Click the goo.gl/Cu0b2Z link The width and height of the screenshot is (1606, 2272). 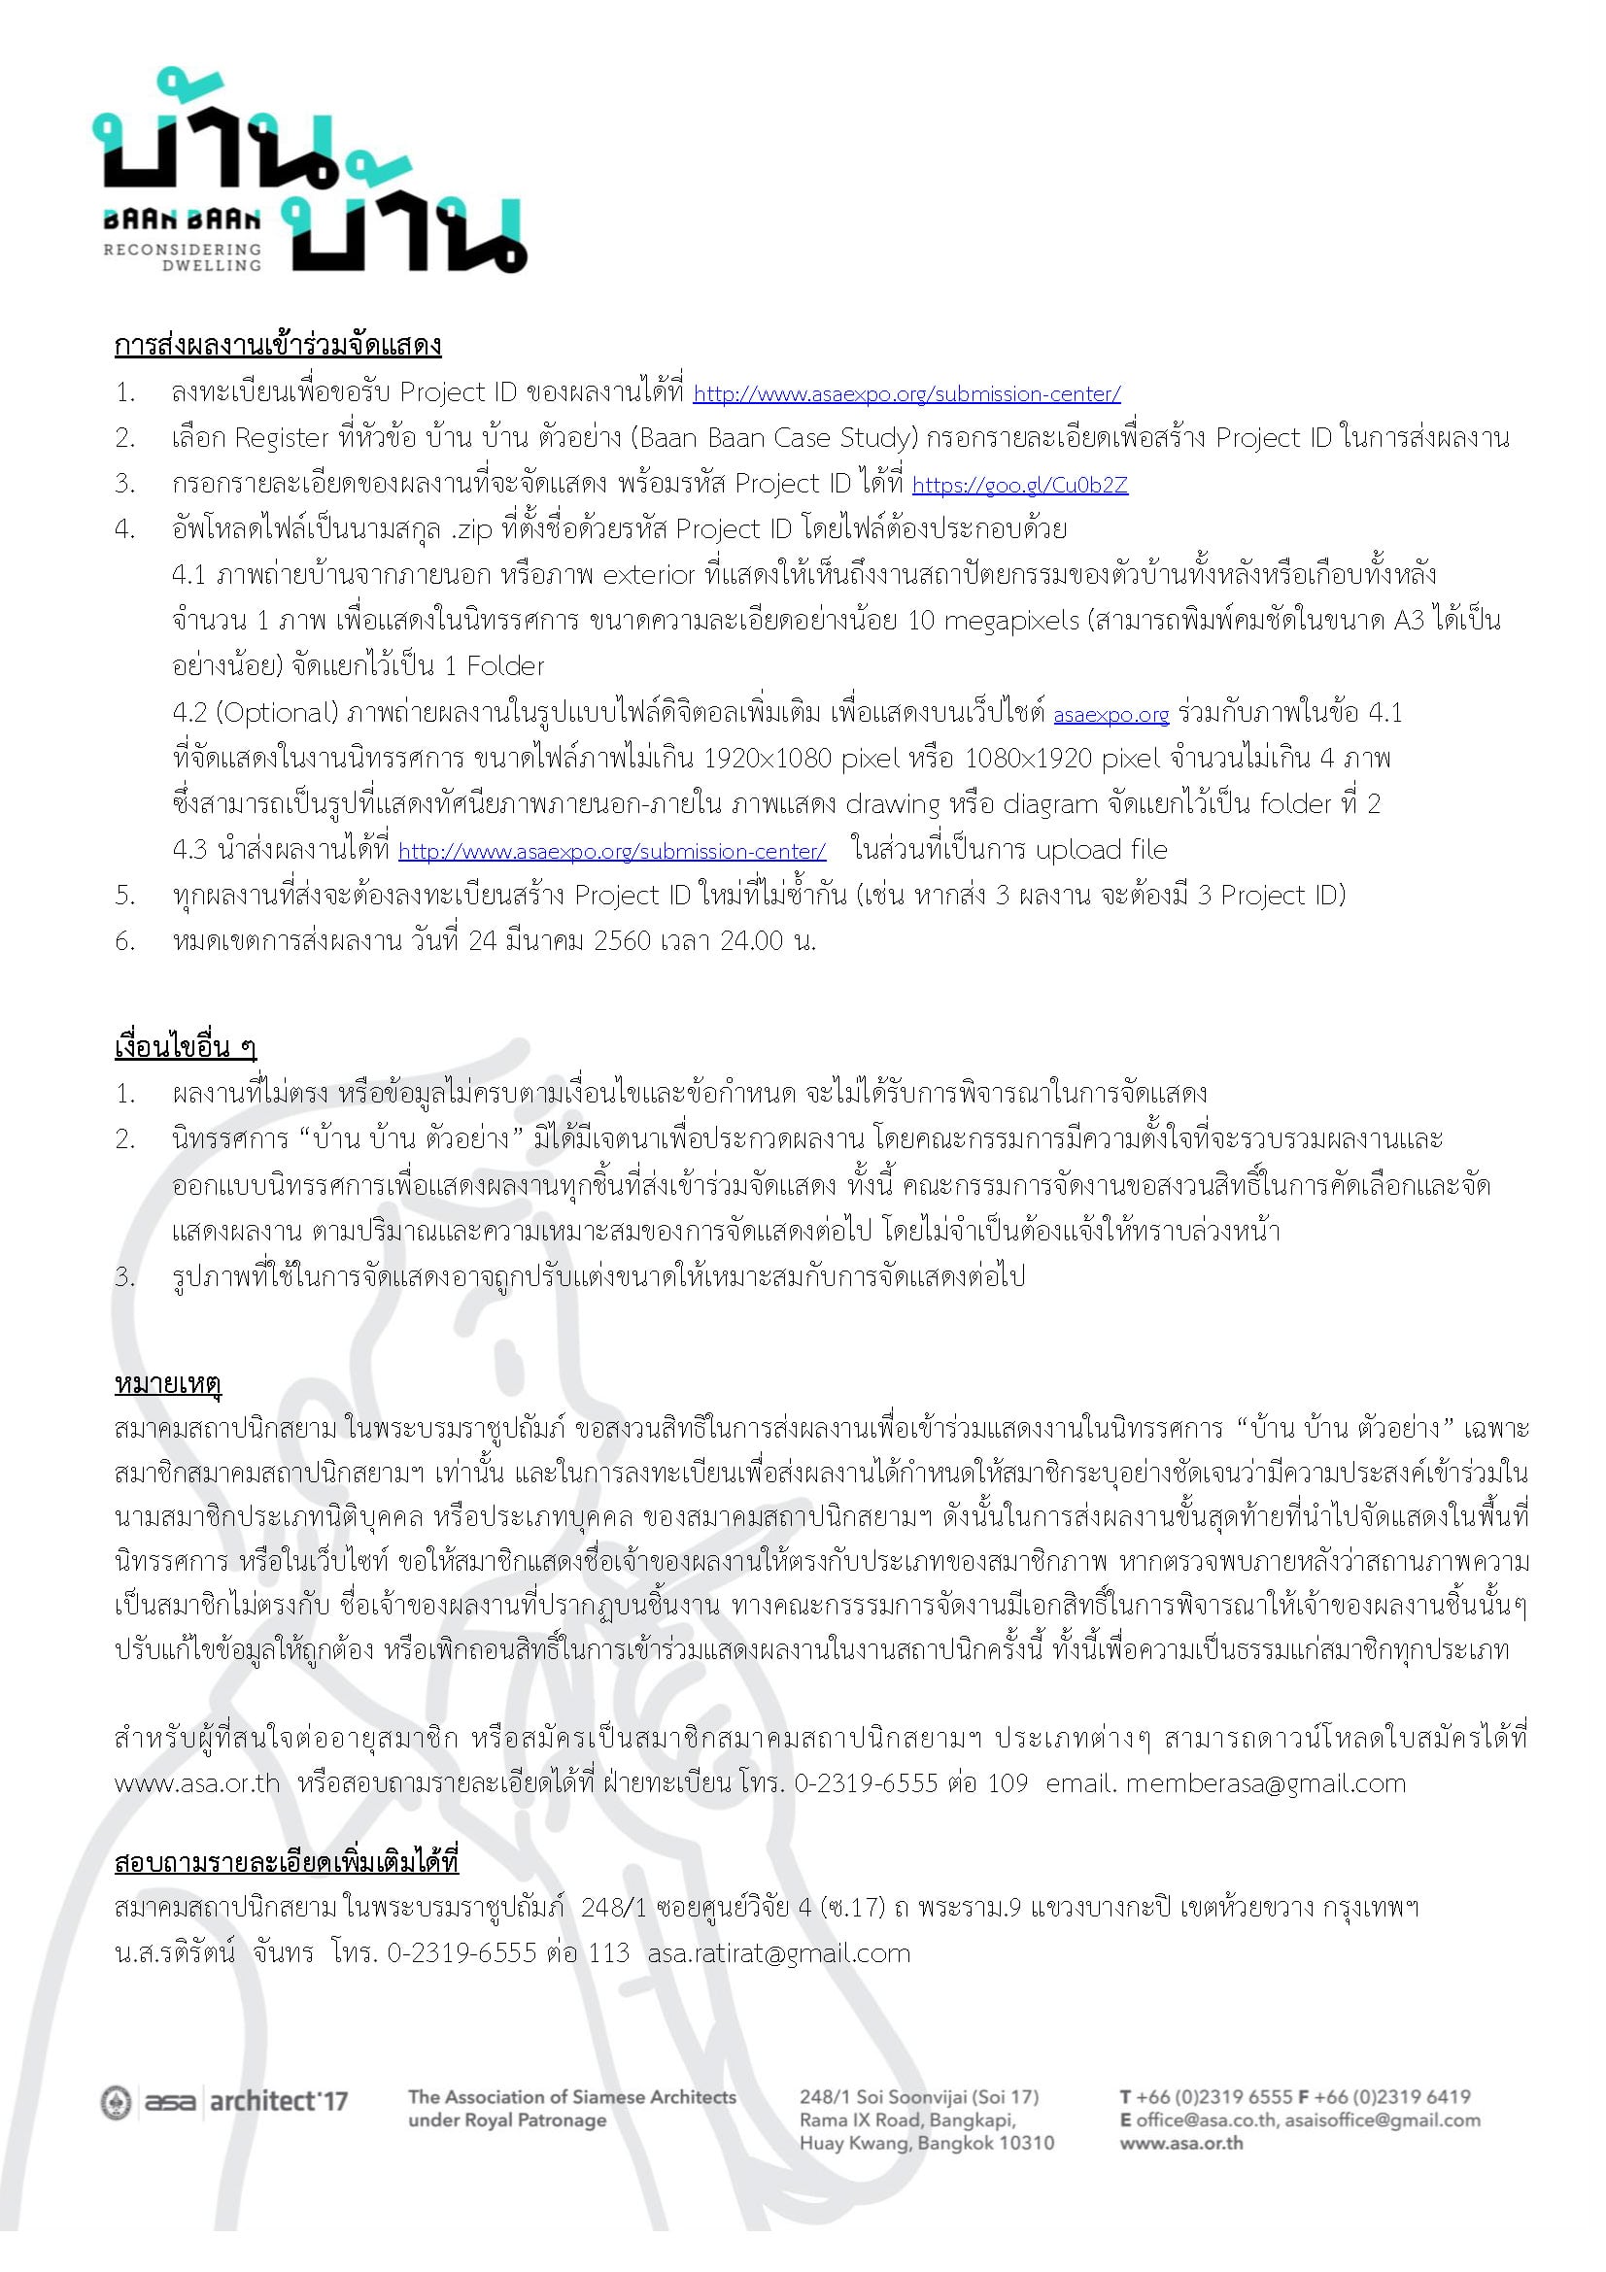pos(1019,485)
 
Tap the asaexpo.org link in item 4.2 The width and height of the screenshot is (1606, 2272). pos(1111,715)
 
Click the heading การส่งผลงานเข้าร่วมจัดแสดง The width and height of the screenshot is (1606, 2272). pos(278,346)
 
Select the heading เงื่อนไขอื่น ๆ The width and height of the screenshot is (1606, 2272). pos(186,1046)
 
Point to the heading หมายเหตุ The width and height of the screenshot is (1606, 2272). pos(168,1382)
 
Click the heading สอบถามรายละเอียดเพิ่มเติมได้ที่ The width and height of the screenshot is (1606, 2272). pos(287,1861)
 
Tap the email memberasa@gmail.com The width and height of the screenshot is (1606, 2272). pos(1265,1783)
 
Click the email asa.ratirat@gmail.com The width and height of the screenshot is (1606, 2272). pos(779,1952)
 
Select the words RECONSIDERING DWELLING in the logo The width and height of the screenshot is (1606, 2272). pos(184,257)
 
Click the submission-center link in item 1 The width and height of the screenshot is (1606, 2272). pos(906,393)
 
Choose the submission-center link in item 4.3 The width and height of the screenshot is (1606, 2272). pos(611,851)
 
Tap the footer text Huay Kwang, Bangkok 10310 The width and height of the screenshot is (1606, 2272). pos(926,2143)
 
